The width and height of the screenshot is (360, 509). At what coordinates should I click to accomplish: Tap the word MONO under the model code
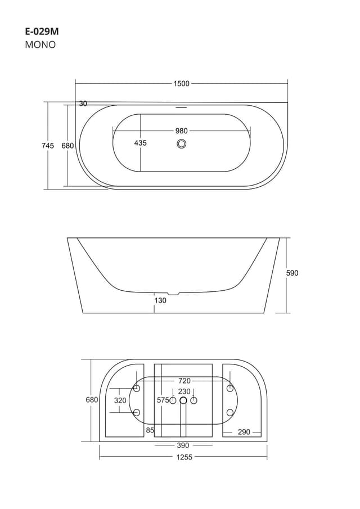(40, 45)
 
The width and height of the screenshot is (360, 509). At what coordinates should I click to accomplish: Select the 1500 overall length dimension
(181, 84)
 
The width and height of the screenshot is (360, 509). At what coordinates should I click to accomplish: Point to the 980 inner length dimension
(181, 131)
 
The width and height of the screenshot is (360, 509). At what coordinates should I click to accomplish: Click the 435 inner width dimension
(140, 143)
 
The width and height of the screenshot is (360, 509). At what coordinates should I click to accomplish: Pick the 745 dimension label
(48, 146)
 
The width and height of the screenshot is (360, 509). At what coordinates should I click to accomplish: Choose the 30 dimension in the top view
(83, 103)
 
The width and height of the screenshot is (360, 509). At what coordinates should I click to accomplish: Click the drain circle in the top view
(181, 144)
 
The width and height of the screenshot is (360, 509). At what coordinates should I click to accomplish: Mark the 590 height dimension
(292, 273)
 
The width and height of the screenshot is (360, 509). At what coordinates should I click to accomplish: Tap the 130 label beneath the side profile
(160, 300)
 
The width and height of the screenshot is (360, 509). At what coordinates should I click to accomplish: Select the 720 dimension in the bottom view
(184, 381)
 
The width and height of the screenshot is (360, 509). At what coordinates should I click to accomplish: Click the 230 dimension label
(184, 391)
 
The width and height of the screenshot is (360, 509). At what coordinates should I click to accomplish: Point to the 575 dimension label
(163, 400)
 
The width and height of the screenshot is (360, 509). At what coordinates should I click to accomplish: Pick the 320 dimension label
(120, 400)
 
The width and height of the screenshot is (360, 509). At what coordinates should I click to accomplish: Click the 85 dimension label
(150, 430)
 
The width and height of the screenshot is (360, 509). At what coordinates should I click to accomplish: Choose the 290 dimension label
(244, 432)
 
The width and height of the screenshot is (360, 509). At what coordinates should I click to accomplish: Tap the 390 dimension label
(183, 445)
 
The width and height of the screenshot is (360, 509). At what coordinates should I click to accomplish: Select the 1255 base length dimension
(184, 457)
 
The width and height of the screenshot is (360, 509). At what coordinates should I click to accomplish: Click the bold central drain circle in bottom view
(183, 400)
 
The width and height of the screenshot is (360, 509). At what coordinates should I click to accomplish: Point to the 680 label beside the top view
(67, 146)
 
